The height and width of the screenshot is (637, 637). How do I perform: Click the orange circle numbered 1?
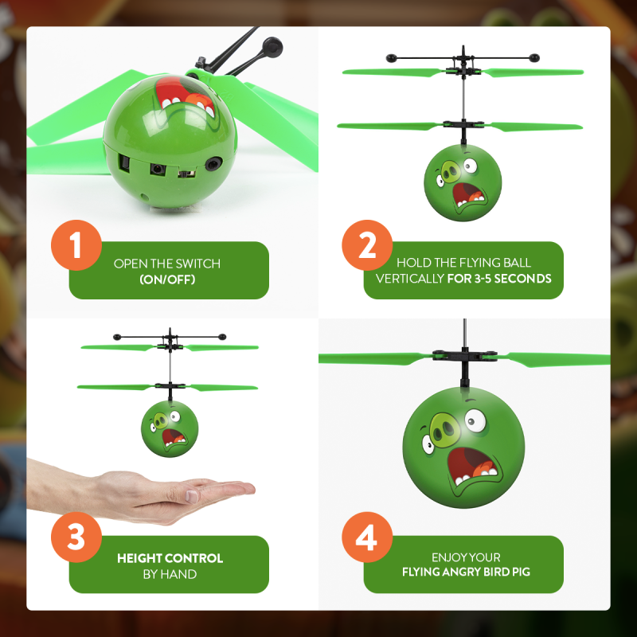pos(76,245)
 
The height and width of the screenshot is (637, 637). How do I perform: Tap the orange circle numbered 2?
pos(367,245)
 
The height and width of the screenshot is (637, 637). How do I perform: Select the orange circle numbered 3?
pos(76,537)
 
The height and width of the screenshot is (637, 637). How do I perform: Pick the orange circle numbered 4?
pos(367,537)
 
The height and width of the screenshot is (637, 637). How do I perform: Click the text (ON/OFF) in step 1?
pos(167,279)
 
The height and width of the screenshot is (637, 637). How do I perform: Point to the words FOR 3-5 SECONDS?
pos(499,278)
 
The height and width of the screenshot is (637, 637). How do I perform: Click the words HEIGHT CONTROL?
pos(170,558)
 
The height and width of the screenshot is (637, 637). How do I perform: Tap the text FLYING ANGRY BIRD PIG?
pos(466,572)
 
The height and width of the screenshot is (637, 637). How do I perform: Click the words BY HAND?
pos(170,574)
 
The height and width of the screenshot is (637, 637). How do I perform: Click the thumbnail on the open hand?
pos(191,496)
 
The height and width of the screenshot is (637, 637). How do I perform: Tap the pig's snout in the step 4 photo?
pos(444,428)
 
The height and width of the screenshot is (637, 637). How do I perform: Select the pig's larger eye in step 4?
pos(475,420)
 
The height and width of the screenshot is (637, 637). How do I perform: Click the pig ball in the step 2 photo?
pos(463,183)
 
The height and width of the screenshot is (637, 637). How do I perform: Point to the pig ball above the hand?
pos(170,428)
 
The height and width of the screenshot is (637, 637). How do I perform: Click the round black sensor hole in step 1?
pos(213,163)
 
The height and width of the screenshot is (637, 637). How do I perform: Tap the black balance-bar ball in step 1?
pos(272,47)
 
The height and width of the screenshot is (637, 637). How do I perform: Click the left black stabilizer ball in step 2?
pos(391,58)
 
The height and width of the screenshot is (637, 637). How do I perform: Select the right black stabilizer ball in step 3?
pos(222,337)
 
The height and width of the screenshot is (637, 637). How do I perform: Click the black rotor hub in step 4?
pos(465,355)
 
